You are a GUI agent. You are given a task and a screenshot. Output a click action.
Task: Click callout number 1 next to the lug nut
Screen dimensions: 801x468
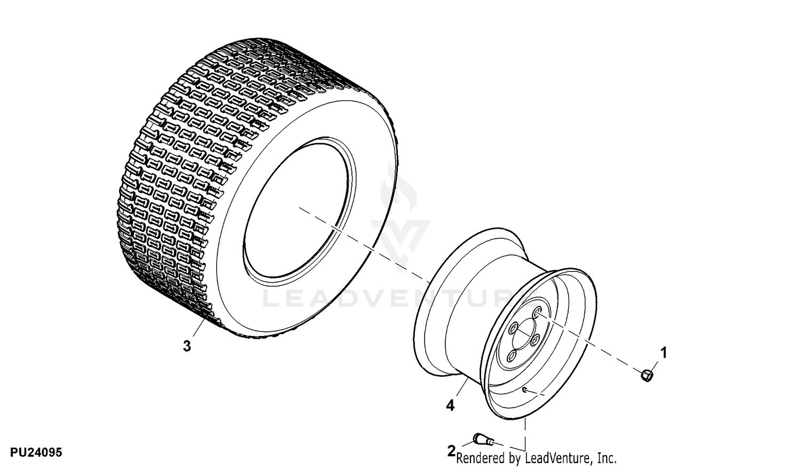[x=664, y=353]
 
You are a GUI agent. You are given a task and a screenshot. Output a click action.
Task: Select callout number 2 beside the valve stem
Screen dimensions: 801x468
[x=452, y=451]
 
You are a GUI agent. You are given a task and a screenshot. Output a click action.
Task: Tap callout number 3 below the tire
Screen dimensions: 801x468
[x=187, y=346]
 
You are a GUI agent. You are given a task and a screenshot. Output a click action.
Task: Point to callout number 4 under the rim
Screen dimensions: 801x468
[x=451, y=405]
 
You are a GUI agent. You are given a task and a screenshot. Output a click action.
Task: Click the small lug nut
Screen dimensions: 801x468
[x=647, y=376]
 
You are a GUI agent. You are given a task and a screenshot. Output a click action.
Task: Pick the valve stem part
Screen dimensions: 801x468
[x=484, y=440]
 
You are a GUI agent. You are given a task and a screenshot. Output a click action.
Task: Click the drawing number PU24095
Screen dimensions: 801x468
[x=36, y=453]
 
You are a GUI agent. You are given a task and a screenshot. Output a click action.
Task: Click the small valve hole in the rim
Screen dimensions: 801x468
[x=524, y=389]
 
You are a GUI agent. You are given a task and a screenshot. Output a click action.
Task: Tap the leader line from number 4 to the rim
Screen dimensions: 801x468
[x=462, y=388]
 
